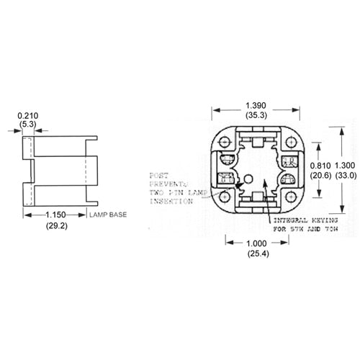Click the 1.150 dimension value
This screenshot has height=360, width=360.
click(56, 215)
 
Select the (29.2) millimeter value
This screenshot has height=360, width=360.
click(56, 225)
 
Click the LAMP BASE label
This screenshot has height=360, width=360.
click(108, 215)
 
